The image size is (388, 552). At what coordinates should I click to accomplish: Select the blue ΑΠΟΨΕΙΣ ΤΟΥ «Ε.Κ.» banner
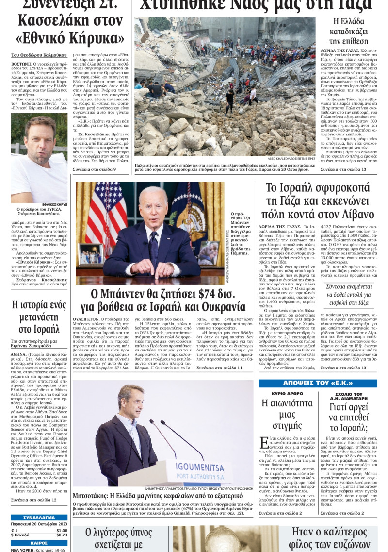click(317, 384)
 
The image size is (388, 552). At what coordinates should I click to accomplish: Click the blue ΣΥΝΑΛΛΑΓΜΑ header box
click(39, 518)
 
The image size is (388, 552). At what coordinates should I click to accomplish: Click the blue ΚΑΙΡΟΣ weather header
click(39, 543)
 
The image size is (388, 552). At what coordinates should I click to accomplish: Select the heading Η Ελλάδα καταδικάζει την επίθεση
click(348, 31)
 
